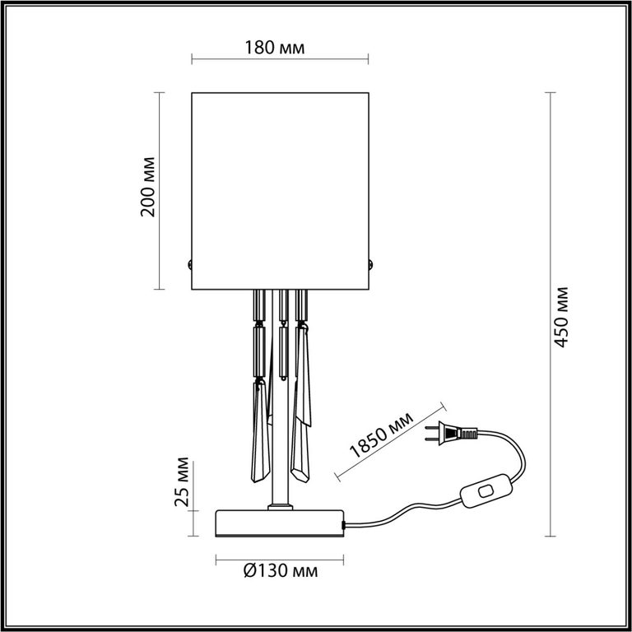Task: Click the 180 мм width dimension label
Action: [x=275, y=48]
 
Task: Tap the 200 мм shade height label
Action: [x=147, y=187]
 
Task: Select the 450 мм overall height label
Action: [x=560, y=317]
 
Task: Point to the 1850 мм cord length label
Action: [x=381, y=434]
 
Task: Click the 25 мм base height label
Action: [x=181, y=481]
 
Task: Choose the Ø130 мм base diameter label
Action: [x=281, y=571]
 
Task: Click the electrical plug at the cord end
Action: [x=452, y=434]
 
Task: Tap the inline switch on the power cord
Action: [x=486, y=490]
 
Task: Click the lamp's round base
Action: [x=280, y=523]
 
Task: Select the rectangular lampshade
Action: [x=280, y=191]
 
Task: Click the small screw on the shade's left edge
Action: [x=189, y=265]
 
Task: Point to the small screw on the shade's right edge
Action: [x=370, y=265]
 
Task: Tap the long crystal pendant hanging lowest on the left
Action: [x=260, y=430]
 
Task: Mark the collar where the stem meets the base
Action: [x=280, y=507]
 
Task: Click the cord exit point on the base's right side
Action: [x=343, y=525]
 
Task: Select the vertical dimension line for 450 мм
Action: [x=551, y=314]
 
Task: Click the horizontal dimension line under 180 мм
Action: [x=280, y=60]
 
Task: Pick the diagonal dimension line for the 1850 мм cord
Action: [x=391, y=442]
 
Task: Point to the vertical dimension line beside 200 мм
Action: [x=159, y=191]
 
